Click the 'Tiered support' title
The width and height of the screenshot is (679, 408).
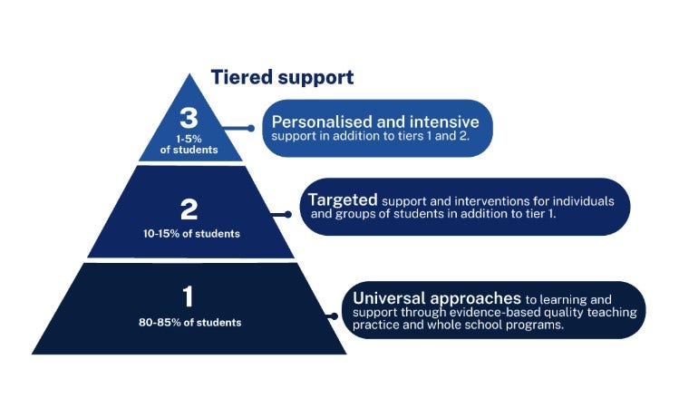[x=282, y=78]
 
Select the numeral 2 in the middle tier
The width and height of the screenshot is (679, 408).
[x=189, y=210]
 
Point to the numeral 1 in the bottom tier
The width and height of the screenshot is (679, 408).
[x=189, y=296]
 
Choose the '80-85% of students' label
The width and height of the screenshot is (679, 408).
[x=190, y=321]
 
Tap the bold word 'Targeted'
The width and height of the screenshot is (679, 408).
[x=343, y=199]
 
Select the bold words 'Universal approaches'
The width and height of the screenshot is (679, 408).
[x=436, y=297]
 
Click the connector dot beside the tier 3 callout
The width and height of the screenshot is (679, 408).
[x=251, y=128]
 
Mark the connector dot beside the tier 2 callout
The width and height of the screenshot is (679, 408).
[x=288, y=215]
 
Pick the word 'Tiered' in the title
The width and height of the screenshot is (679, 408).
[x=240, y=78]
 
